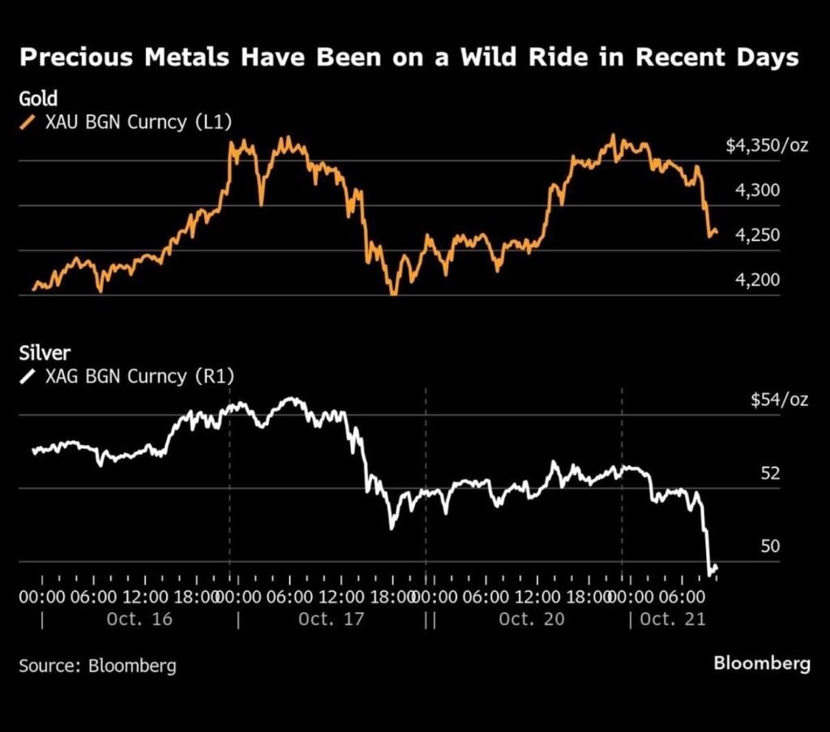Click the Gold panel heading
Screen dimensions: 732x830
point(38,99)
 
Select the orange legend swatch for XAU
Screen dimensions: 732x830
point(28,122)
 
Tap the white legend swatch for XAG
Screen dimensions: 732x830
point(28,375)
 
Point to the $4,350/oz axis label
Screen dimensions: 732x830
point(766,147)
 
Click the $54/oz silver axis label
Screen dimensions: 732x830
point(778,400)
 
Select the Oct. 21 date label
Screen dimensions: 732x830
point(674,619)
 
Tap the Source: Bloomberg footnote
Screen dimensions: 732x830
point(97,666)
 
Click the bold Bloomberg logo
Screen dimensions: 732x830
point(761,663)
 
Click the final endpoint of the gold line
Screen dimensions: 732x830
point(716,233)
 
